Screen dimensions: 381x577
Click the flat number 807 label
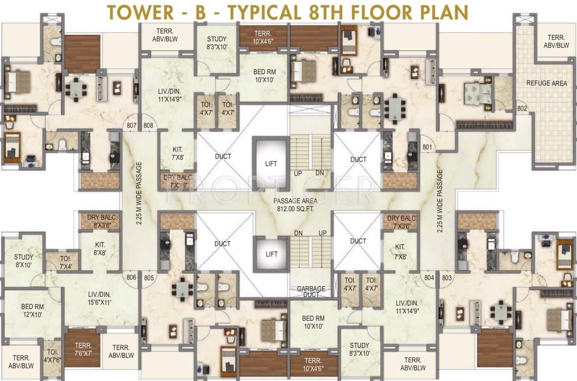(131, 126)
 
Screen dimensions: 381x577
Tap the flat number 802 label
(521, 108)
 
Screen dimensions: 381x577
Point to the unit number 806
(131, 277)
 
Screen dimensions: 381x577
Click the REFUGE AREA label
(546, 83)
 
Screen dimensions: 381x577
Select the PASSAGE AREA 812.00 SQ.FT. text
(294, 205)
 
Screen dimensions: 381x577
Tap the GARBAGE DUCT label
(311, 292)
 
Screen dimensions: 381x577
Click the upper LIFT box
(271, 163)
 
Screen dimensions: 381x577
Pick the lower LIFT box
(271, 254)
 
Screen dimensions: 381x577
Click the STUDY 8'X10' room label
(23, 261)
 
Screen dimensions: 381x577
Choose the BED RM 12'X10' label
(32, 311)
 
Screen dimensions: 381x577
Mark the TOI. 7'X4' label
(65, 262)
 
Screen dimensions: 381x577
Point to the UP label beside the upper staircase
(298, 173)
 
